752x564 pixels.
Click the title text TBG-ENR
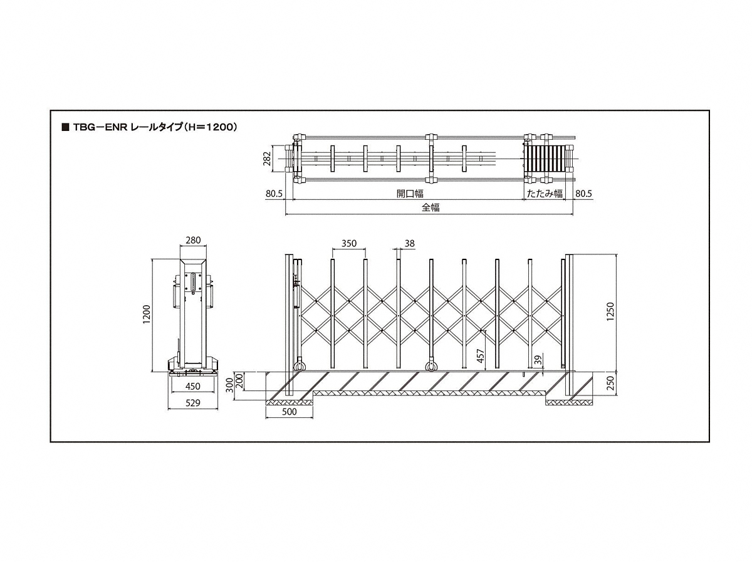tap(100, 127)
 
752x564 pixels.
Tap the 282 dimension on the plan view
tap(266, 159)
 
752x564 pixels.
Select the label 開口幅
tap(410, 194)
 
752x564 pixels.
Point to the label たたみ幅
tap(545, 194)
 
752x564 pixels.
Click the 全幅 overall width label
tap(431, 207)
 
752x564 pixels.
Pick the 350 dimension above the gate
tap(349, 244)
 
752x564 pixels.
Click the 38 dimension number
tap(409, 244)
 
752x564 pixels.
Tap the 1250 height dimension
tap(610, 311)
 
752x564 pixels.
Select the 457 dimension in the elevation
tap(481, 356)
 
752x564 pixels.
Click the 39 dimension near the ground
tap(538, 360)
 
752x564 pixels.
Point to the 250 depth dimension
tap(610, 383)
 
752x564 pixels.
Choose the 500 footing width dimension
tap(289, 412)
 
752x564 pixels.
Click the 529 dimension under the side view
tap(192, 403)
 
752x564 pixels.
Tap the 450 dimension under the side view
tap(192, 386)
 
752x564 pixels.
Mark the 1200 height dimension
tap(147, 314)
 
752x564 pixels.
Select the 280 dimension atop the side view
tap(193, 241)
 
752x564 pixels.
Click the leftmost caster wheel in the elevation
tap(300, 366)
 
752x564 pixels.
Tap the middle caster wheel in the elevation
tap(431, 366)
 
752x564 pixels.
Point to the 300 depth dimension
tap(230, 385)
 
